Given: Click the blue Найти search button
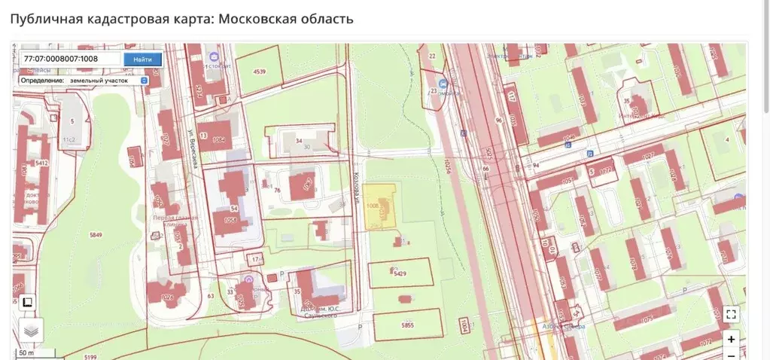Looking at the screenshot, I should click(x=142, y=59).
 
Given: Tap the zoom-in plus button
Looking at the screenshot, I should click(x=731, y=340).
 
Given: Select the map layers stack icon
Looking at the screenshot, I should click(x=30, y=330).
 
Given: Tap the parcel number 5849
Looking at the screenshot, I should click(x=95, y=235).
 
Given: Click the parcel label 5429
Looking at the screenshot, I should click(x=400, y=273).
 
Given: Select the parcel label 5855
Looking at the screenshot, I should click(x=407, y=325).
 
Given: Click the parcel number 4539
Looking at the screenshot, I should click(x=260, y=72).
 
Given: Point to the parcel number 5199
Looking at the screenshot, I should click(x=90, y=356).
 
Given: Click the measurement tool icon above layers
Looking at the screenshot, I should click(x=26, y=303).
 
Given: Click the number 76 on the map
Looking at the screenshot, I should click(x=277, y=191).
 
